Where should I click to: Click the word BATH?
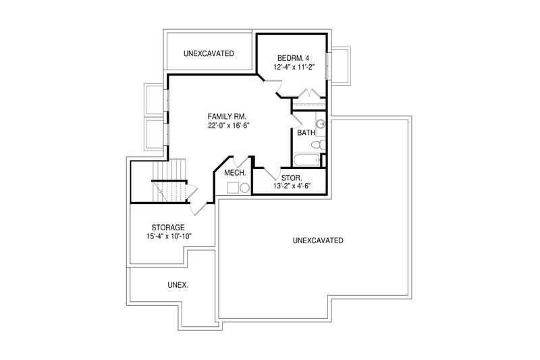pos(306,133)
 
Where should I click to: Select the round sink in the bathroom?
pos(321,124)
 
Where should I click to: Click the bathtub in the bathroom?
pos(307,161)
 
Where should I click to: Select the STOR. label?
pos(292,178)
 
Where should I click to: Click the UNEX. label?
pos(159,285)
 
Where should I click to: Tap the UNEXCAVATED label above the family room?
pos(209,53)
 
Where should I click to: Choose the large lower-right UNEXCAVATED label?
pos(319,240)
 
